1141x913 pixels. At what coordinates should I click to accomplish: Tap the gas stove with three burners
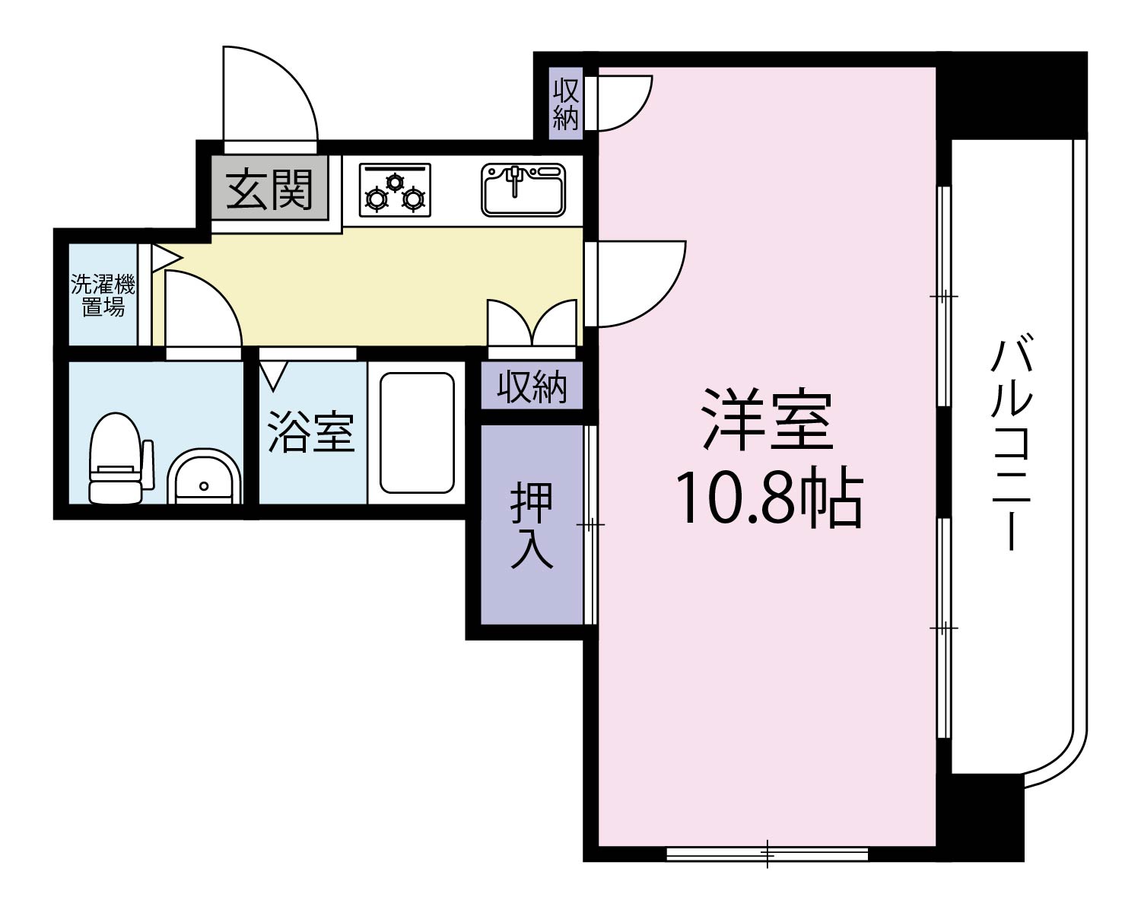[x=394, y=190]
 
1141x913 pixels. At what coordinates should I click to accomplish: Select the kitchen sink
[x=523, y=190]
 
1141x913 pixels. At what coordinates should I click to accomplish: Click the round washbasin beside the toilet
[x=203, y=477]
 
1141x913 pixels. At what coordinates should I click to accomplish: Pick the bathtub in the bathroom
[x=416, y=433]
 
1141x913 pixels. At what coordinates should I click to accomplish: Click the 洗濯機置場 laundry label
[x=103, y=296]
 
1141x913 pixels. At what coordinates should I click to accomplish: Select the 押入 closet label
[x=531, y=524]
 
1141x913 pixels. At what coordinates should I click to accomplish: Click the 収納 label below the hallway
[x=532, y=387]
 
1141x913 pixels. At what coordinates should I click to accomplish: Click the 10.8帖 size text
[x=768, y=499]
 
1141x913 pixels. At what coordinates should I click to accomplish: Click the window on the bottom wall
[x=767, y=854]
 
